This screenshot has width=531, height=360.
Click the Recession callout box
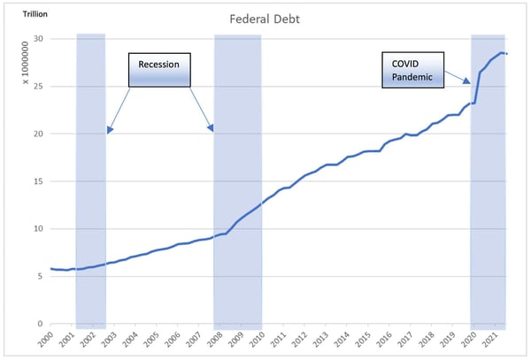(x=159, y=70)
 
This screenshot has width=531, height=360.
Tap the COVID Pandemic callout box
(x=412, y=70)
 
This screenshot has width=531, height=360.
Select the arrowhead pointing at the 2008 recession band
(x=212, y=128)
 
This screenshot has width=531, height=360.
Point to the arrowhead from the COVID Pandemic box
(x=467, y=82)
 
